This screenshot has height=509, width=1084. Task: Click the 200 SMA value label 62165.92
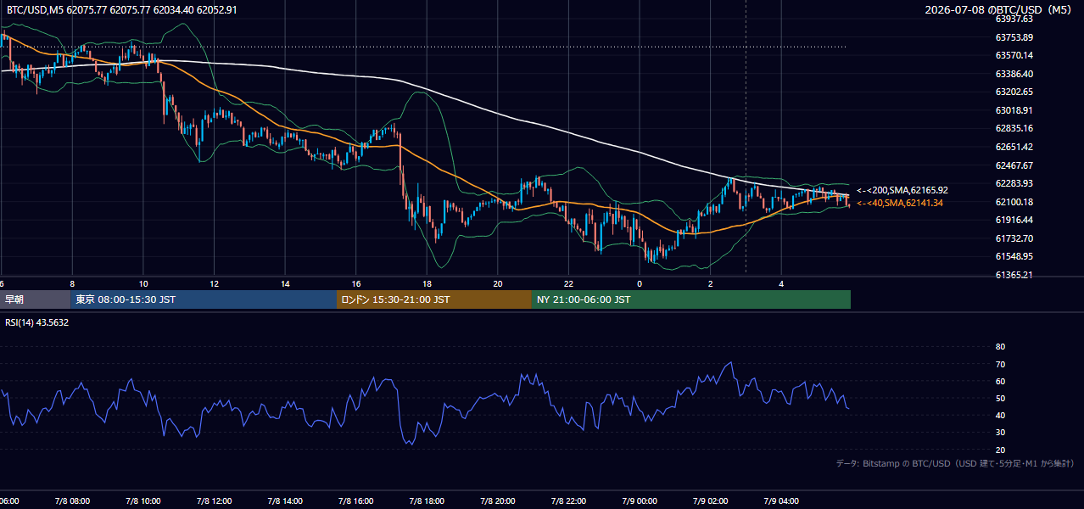pos(902,190)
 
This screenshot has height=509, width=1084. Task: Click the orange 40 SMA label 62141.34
pos(900,203)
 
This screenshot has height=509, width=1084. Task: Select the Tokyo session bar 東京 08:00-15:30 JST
pos(204,299)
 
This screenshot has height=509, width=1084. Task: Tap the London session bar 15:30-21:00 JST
pos(434,299)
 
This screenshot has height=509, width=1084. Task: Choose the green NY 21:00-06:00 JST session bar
pos(691,299)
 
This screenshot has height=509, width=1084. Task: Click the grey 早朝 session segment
pos(36,299)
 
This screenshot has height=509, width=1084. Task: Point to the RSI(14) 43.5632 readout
pos(36,322)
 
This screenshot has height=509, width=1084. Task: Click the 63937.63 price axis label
pos(1014,19)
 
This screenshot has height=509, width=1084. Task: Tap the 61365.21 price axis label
pos(1014,275)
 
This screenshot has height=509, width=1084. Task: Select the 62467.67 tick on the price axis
pos(1014,165)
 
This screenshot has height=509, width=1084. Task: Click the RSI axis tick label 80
pos(1000,346)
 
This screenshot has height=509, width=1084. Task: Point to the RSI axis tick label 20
pos(1000,450)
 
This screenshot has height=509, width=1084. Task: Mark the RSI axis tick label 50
pos(1000,398)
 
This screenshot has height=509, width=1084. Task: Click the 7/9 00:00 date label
pos(640,501)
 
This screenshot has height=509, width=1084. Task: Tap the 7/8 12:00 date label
pos(214,501)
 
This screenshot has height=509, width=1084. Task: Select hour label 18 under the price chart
pos(427,284)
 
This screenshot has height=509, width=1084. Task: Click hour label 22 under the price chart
pos(568,284)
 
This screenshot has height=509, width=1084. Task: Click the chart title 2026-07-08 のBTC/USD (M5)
pos(998,9)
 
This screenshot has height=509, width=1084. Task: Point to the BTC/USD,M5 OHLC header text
pos(122,9)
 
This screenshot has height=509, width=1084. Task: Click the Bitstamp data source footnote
pos(955,463)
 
